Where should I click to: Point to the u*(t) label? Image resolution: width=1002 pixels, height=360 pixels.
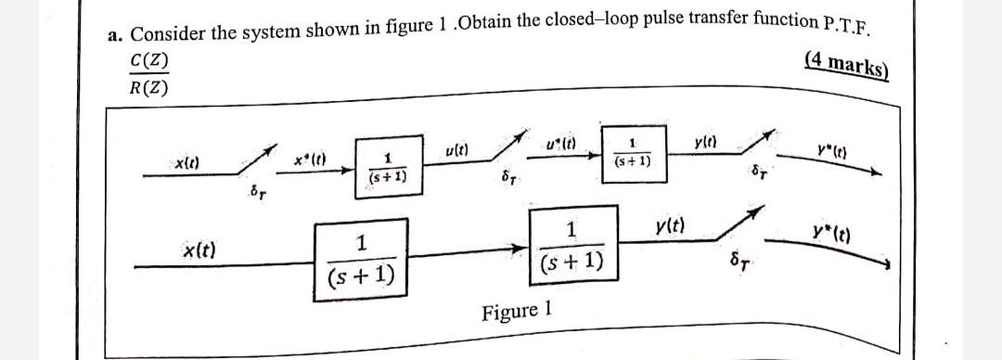coord(564,143)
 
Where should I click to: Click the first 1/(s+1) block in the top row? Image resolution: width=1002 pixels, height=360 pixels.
coord(384,168)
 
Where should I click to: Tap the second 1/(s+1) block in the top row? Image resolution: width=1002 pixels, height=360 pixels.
coord(633,153)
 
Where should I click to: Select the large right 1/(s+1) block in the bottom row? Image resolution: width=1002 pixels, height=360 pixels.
coord(572,246)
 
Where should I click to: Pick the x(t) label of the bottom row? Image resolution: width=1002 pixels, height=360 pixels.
coord(199,250)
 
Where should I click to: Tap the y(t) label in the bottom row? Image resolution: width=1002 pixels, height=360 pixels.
coord(670,225)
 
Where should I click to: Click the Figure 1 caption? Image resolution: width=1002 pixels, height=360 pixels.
coord(518,310)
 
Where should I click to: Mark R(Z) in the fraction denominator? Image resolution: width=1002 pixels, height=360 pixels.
coord(148,89)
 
